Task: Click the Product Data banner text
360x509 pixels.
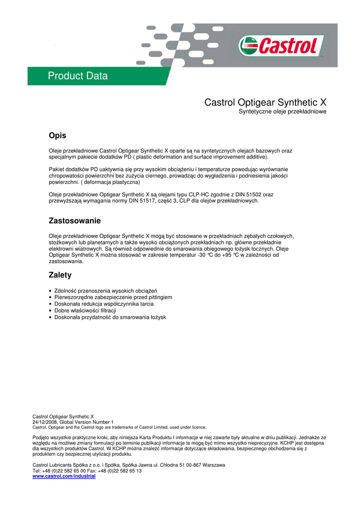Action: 78,76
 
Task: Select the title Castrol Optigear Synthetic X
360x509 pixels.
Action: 265,102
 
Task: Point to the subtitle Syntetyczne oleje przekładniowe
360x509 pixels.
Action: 282,112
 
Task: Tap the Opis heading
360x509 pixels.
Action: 57,136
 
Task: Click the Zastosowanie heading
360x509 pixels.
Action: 75,220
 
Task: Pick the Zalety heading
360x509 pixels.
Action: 60,275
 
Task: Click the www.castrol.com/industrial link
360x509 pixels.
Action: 64,476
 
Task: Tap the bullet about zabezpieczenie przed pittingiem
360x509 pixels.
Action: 113,297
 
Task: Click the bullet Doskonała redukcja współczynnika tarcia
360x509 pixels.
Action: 104,304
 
